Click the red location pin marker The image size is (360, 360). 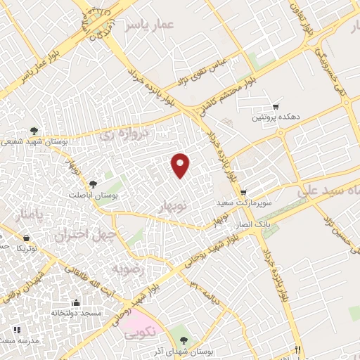[x=181, y=165]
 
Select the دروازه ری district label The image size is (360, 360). [x=124, y=133]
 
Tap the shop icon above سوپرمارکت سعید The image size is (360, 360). [x=243, y=192]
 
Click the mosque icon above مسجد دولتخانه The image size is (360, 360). [x=76, y=303]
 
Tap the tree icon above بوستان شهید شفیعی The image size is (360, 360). [x=33, y=131]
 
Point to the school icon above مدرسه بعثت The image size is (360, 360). [x=16, y=330]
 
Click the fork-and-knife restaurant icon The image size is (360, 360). [x=298, y=349]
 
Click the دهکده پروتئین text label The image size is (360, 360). [x=277, y=117]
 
